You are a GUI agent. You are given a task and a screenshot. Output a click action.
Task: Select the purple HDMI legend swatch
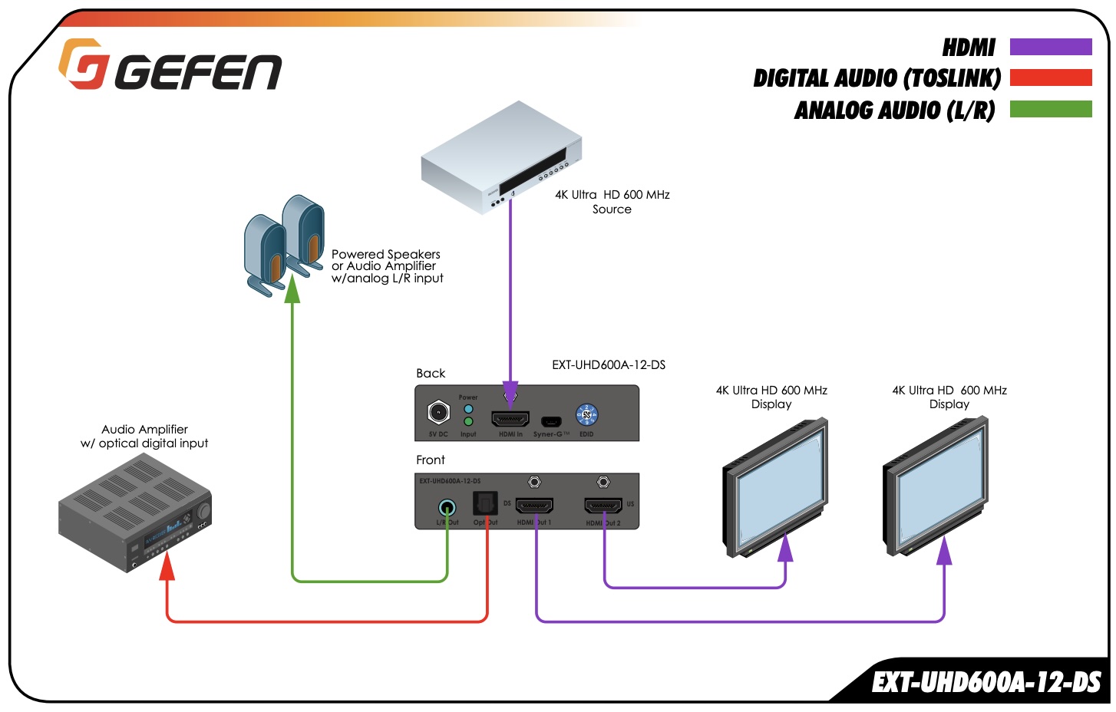(1050, 47)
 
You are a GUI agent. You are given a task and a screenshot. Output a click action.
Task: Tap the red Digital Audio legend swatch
(1050, 77)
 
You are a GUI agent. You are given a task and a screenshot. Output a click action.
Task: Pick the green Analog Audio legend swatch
(1050, 109)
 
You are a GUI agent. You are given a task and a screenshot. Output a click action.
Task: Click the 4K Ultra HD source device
(500, 158)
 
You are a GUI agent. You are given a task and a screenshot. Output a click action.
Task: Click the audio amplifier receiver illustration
(135, 513)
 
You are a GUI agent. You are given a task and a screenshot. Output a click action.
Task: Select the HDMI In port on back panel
(510, 419)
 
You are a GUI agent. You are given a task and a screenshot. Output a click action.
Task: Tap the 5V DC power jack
(438, 413)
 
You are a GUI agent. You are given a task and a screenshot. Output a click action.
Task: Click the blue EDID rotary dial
(586, 415)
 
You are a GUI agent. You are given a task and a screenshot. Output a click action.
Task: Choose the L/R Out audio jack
(447, 507)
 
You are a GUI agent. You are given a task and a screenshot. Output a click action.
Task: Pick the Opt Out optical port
(485, 504)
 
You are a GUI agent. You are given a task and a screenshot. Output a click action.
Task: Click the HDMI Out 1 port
(534, 506)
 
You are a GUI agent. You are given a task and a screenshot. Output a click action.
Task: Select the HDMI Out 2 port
(603, 506)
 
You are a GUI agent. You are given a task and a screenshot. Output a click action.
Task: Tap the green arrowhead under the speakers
(292, 290)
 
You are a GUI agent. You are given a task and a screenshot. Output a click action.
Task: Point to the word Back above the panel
(431, 374)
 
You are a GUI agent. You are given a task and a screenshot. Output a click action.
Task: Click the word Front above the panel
(431, 460)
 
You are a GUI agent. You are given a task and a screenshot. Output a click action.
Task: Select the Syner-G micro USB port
(550, 421)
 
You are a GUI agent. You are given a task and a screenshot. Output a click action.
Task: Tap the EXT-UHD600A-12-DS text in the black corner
(986, 682)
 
